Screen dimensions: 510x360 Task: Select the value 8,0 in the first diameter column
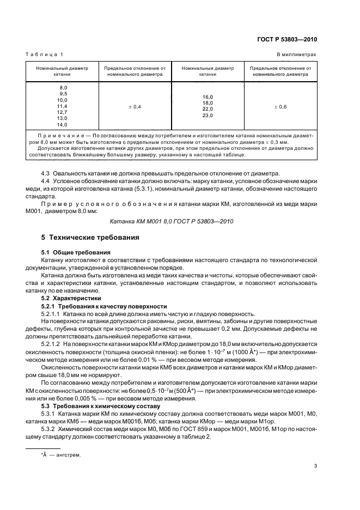63,88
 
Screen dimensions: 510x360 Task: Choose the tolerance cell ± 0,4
135,107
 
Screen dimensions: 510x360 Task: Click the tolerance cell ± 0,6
280,107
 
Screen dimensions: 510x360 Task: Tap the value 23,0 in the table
208,116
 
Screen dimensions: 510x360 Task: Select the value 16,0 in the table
208,97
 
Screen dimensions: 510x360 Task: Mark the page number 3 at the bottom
315,466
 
